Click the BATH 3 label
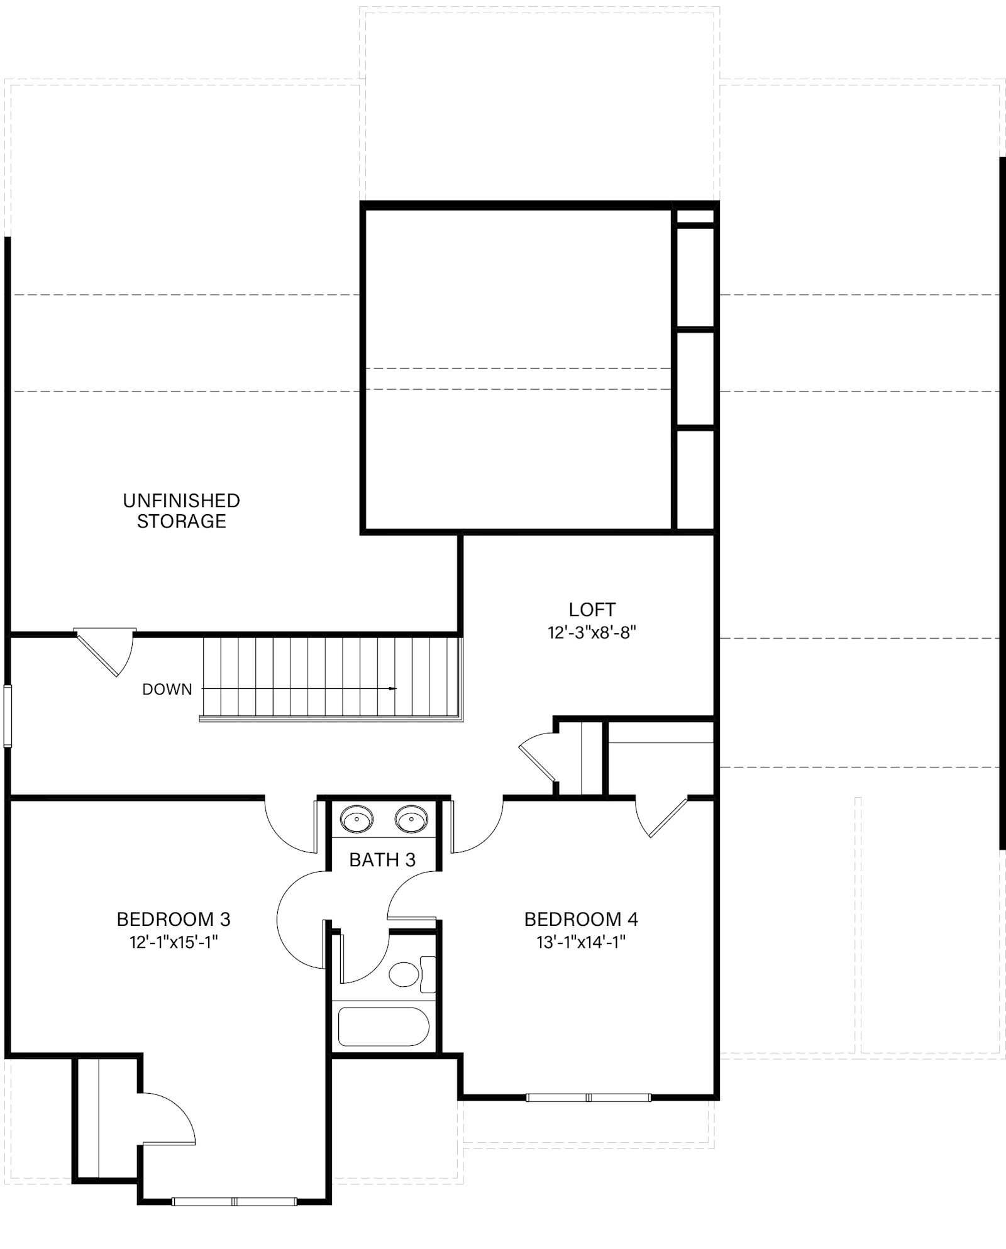coord(382,860)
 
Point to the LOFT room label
coord(592,610)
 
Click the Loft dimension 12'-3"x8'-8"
coord(592,632)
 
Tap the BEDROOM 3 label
coord(174,920)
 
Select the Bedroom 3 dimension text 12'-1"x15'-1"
coord(174,942)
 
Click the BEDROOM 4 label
coord(581,920)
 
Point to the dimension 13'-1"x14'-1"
coord(581,942)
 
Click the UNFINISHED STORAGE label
coord(182,511)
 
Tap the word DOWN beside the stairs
coord(167,690)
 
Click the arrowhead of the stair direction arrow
coord(394,689)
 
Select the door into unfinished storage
coord(105,651)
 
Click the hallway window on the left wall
coord(8,717)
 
